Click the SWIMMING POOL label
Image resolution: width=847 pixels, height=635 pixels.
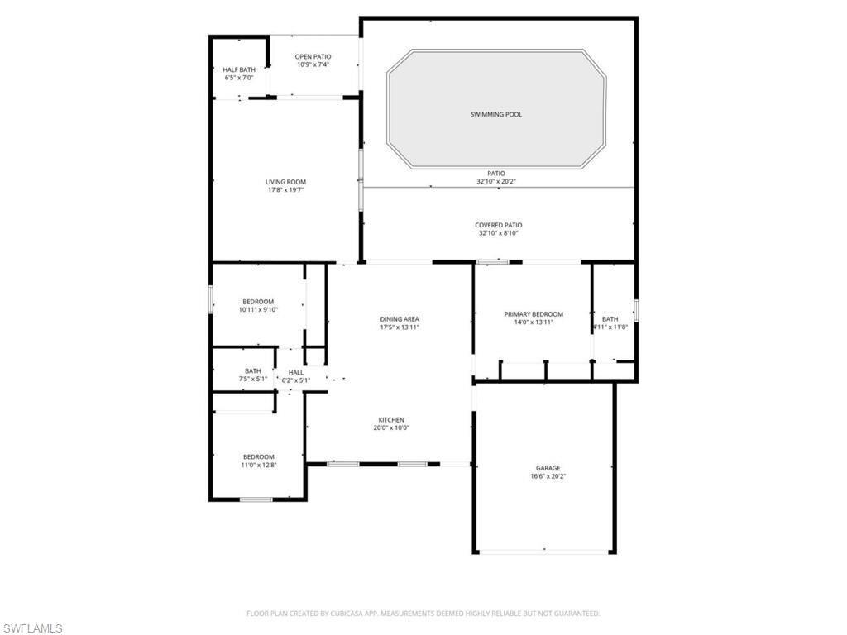click(496, 114)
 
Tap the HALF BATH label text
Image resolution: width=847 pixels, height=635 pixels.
click(239, 69)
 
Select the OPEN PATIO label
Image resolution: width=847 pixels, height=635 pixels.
click(313, 57)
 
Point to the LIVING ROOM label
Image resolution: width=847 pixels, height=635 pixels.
click(285, 182)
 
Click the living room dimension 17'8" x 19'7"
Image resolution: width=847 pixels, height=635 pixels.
click(285, 190)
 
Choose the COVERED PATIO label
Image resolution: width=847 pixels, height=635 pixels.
click(499, 225)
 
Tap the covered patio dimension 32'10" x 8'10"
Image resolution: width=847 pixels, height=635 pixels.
click(499, 233)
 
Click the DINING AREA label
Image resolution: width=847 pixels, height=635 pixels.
click(400, 319)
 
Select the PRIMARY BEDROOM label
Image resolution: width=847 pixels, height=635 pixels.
click(534, 314)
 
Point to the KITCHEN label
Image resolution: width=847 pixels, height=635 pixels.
click(391, 419)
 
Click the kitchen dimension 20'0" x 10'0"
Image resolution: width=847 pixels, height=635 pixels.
click(391, 427)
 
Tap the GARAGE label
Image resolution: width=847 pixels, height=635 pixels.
click(548, 468)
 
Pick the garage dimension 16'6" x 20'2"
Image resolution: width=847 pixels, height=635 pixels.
click(548, 476)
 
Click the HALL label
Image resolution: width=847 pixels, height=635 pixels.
click(296, 373)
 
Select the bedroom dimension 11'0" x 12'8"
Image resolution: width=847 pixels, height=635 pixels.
click(259, 465)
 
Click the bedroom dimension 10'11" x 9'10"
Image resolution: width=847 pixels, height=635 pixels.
click(258, 310)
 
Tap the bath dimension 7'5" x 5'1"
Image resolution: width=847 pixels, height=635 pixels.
click(253, 379)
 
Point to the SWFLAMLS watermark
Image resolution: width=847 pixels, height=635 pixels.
click(32, 628)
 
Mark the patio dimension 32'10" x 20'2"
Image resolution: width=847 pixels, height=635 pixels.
click(496, 181)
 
